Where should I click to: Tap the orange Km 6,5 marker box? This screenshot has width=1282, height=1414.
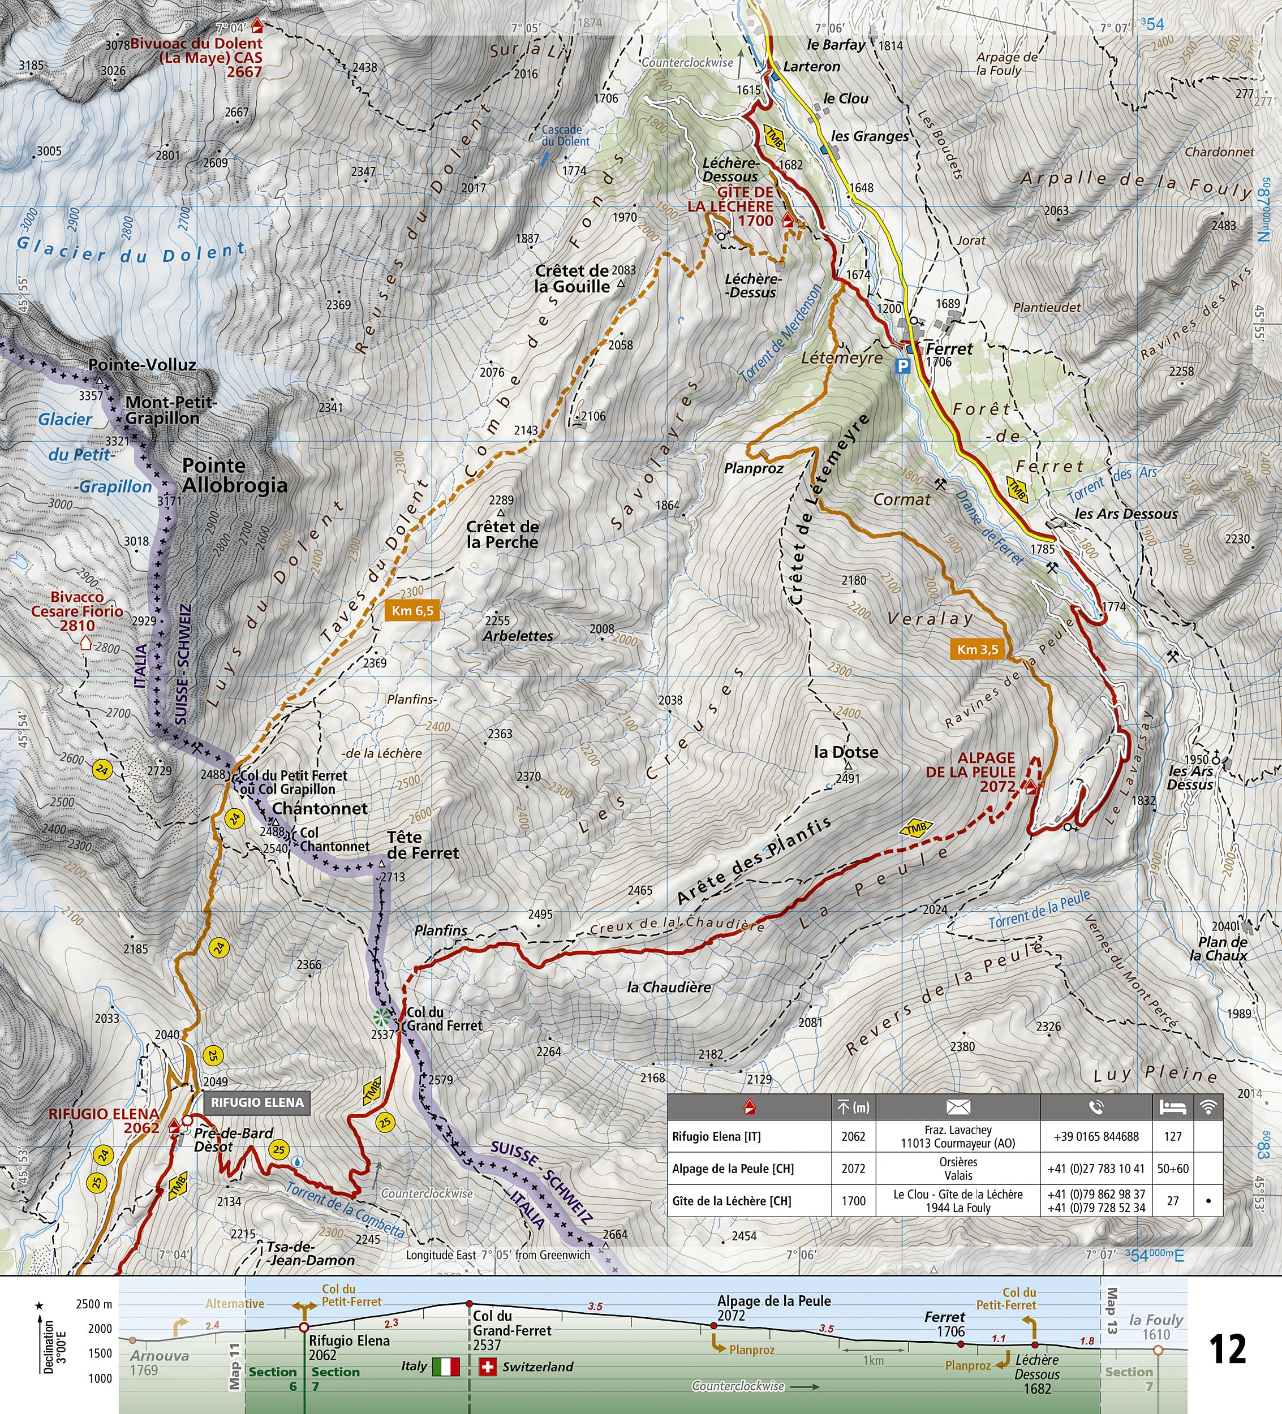pyautogui.click(x=412, y=610)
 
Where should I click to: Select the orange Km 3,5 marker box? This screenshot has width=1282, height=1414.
pyautogui.click(x=978, y=649)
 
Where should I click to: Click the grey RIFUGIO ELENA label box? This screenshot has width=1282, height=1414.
pyautogui.click(x=257, y=1102)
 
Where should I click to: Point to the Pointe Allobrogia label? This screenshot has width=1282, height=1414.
pyautogui.click(x=234, y=476)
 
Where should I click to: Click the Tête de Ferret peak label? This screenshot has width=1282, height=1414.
pyautogui.click(x=423, y=845)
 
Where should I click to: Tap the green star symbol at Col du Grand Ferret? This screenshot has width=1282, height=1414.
pyautogui.click(x=380, y=1016)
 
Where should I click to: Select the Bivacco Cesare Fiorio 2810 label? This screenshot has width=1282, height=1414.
pyautogui.click(x=77, y=611)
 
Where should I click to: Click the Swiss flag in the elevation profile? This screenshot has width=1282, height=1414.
pyautogui.click(x=488, y=1366)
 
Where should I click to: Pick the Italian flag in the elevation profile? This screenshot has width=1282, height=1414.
pyautogui.click(x=446, y=1366)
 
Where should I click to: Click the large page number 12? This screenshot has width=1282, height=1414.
pyautogui.click(x=1228, y=1349)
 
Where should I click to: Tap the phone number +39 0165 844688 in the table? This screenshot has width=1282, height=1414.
pyautogui.click(x=1096, y=1136)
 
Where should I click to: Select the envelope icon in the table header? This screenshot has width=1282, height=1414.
pyautogui.click(x=958, y=1107)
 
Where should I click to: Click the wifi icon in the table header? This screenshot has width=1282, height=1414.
pyautogui.click(x=1208, y=1107)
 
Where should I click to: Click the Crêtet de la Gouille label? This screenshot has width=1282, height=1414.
pyautogui.click(x=572, y=278)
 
